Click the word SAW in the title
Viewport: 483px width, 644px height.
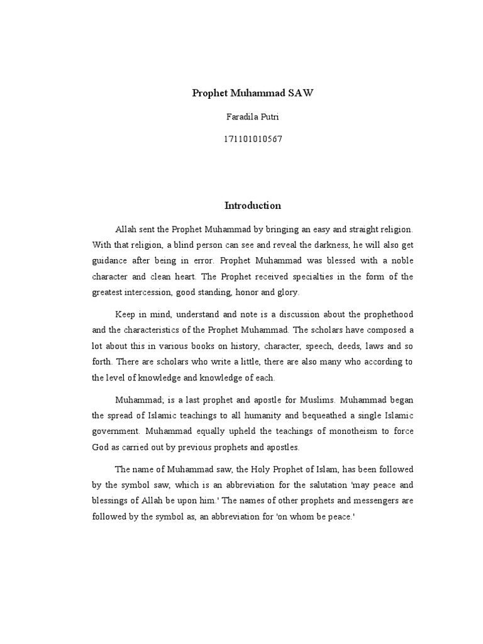(300, 93)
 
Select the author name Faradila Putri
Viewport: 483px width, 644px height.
(252, 116)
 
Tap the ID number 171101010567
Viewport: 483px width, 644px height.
(252, 139)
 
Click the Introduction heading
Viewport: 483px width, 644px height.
(253, 206)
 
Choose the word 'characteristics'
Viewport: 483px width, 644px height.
(153, 330)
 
